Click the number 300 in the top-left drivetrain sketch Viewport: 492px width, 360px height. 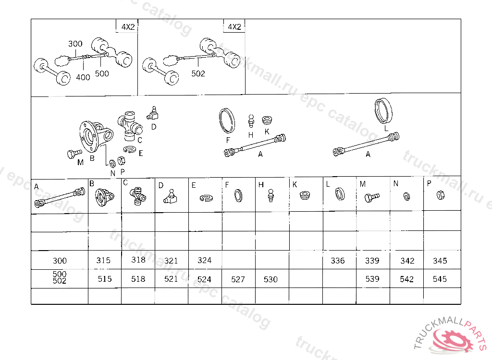click(x=75, y=44)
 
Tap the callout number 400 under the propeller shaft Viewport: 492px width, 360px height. click(x=83, y=77)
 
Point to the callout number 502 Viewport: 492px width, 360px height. click(x=198, y=73)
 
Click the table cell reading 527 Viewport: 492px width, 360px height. click(x=238, y=279)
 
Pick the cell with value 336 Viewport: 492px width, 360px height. click(x=338, y=261)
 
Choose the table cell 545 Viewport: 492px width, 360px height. click(x=440, y=279)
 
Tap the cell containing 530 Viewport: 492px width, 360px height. click(x=271, y=279)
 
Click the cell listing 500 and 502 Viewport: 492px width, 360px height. click(x=60, y=277)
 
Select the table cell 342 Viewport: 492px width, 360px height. click(x=407, y=261)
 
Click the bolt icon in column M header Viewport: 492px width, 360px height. click(x=372, y=197)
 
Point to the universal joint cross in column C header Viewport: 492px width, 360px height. click(x=138, y=196)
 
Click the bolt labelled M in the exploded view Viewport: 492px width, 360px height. click(x=74, y=153)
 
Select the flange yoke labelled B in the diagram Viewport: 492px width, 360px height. click(x=95, y=136)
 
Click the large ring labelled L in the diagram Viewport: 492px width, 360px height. click(x=383, y=111)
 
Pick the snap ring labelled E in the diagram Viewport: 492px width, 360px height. click(x=130, y=149)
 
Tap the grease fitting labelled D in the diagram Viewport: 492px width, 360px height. click(x=153, y=113)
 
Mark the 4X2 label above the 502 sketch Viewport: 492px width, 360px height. click(x=234, y=27)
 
